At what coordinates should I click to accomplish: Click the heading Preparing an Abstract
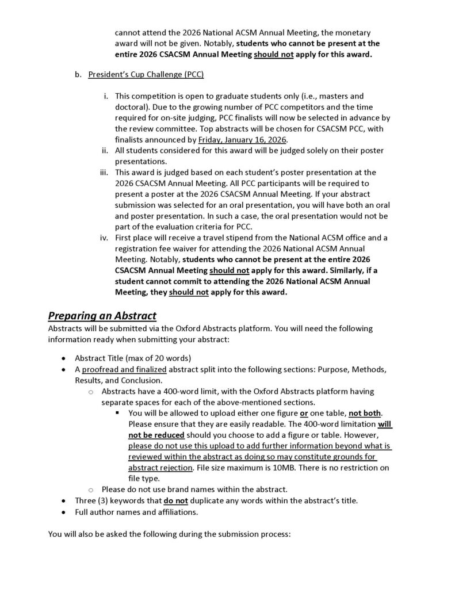(x=102, y=316)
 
